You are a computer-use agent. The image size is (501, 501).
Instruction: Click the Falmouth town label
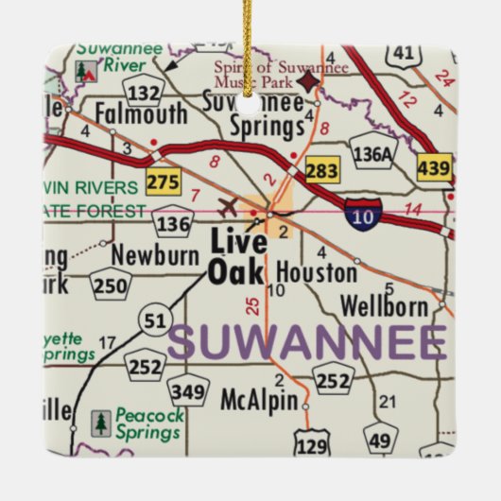tap(141, 114)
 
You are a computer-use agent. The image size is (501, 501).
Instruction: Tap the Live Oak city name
tap(237, 255)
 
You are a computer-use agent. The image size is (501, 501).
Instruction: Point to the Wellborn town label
tap(379, 307)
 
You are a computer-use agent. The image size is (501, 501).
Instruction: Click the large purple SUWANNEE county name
tap(307, 342)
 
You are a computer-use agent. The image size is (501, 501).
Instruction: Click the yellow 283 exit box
tap(321, 171)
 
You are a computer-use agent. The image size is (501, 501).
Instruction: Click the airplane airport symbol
tap(227, 205)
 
